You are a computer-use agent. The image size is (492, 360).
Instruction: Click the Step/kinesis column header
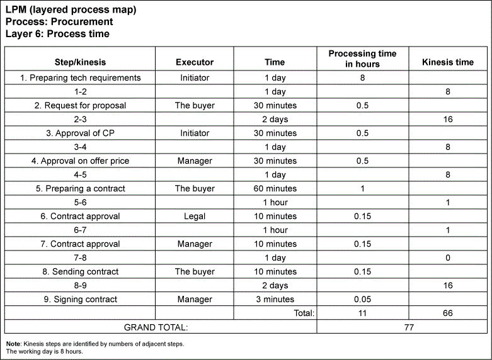tap(80, 62)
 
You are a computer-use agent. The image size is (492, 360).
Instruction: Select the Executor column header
tap(195, 62)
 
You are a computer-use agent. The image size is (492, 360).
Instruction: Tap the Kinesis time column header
tap(447, 62)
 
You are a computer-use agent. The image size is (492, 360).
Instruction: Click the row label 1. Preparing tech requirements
tap(80, 78)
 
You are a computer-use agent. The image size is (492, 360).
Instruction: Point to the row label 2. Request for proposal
tap(80, 106)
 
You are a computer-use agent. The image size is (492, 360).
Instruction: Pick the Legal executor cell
tap(195, 217)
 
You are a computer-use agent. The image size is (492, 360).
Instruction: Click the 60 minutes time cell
tap(275, 189)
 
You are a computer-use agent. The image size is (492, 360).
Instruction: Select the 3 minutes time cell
tap(275, 300)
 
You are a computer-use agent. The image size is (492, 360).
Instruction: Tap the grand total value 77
tap(404, 327)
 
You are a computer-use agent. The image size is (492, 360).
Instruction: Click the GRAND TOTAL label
tap(156, 327)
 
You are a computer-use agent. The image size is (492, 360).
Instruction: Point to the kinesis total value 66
tap(447, 313)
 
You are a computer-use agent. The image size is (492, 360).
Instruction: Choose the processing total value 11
tap(362, 313)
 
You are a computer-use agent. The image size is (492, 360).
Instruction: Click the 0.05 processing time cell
tap(362, 300)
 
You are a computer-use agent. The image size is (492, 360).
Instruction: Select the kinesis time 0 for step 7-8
tap(447, 258)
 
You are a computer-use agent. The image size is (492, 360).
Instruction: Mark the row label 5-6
tap(80, 203)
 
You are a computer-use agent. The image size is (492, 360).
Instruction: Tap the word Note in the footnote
tap(13, 344)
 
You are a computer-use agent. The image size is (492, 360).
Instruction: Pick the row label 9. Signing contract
tap(80, 300)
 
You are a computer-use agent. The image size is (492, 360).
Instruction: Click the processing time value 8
tap(362, 78)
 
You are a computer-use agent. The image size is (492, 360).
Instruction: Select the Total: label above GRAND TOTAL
tap(304, 313)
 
